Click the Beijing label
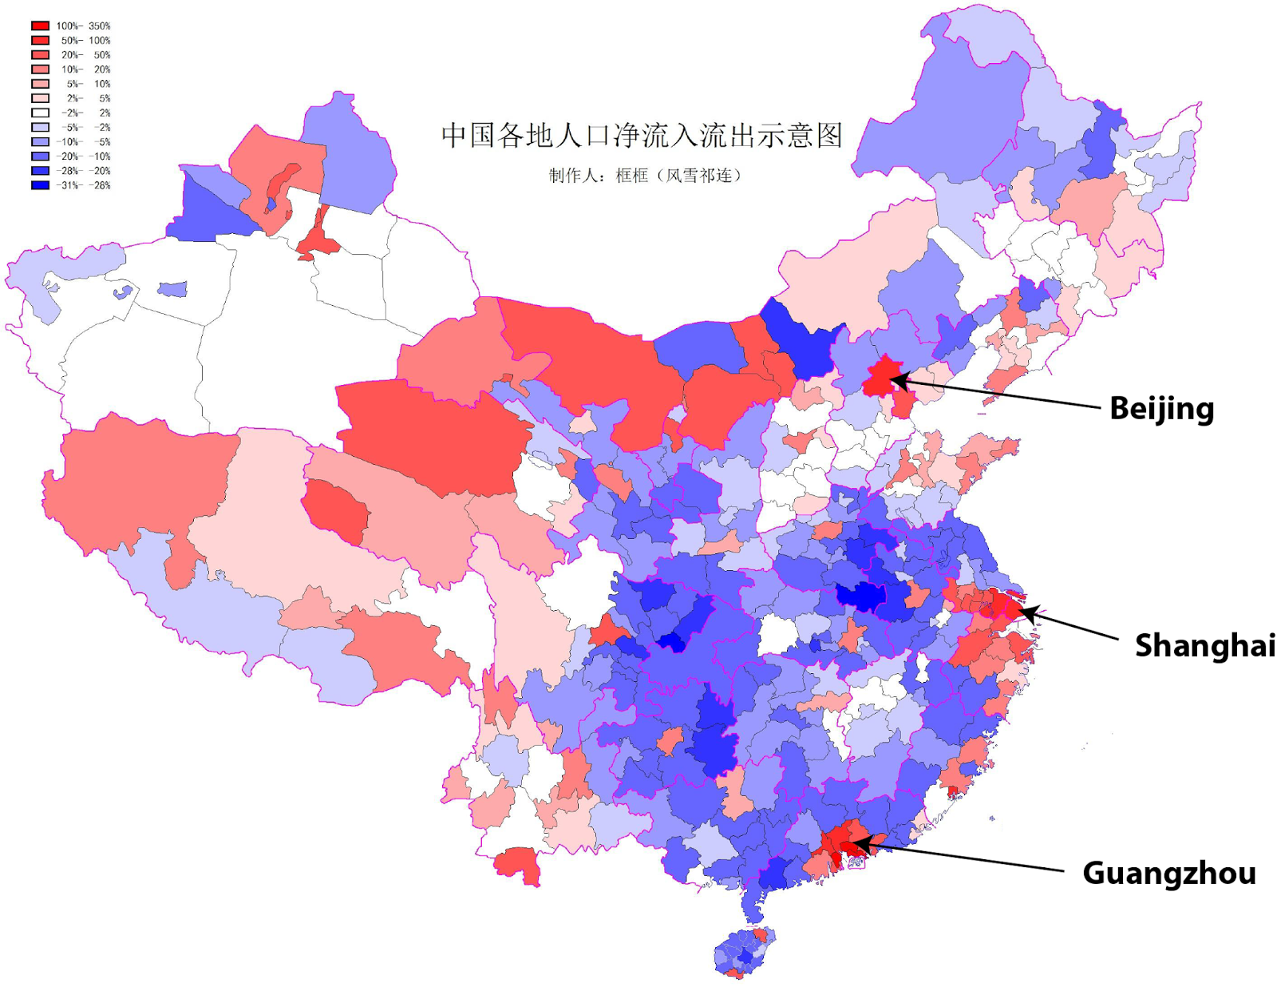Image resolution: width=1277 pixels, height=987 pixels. point(1161,408)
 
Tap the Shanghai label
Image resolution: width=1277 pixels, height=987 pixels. point(1204,645)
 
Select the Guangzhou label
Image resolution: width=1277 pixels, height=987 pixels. point(1168,873)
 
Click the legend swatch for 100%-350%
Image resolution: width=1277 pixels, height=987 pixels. point(40,26)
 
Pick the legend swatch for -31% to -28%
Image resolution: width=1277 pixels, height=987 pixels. point(40,185)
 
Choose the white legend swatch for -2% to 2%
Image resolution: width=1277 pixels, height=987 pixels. point(40,113)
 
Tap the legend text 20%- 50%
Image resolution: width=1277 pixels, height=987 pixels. point(85,55)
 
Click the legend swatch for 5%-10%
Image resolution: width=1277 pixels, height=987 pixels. point(40,84)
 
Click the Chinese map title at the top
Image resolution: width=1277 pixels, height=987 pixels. point(642,135)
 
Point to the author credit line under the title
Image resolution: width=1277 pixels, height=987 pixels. point(645,176)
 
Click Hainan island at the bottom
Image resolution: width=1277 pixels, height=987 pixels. point(744,953)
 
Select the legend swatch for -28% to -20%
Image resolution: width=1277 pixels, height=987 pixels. point(40,171)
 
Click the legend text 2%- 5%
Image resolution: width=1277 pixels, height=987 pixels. point(88,98)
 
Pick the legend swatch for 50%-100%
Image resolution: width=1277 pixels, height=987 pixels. point(40,40)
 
